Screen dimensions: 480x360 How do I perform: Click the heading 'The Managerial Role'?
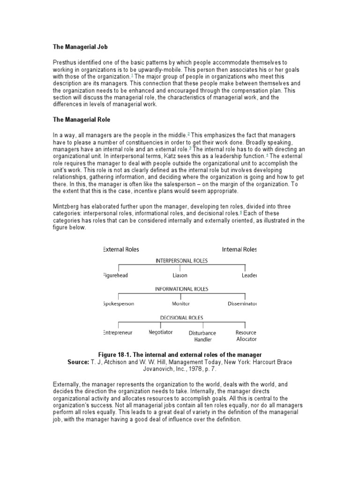click(81, 120)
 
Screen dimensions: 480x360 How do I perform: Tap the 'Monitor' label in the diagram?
click(181, 304)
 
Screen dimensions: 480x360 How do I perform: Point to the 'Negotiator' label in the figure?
click(160, 332)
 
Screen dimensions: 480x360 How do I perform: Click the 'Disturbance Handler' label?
click(202, 336)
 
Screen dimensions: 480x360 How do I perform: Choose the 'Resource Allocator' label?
click(246, 336)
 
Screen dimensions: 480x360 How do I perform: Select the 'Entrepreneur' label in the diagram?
click(118, 332)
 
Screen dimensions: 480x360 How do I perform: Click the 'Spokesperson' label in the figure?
click(118, 304)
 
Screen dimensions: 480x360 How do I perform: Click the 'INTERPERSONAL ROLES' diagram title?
click(181, 261)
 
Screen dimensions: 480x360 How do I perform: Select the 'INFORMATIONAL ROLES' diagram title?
click(181, 289)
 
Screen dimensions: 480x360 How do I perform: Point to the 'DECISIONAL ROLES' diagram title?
click(181, 317)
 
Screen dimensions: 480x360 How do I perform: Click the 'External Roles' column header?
click(121, 249)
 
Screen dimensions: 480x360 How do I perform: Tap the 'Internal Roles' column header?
click(239, 249)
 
